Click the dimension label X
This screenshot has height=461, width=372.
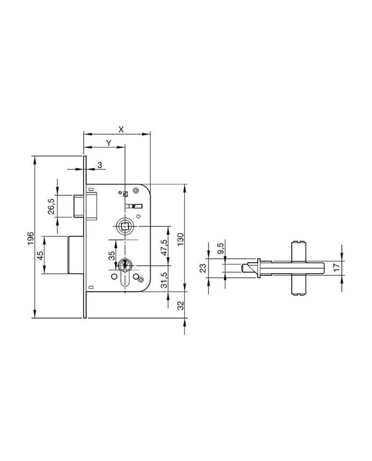coord(121,129)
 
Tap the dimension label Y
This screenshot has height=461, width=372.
coord(109,143)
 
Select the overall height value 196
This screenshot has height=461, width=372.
coord(31,239)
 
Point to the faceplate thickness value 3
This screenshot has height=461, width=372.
coord(100,165)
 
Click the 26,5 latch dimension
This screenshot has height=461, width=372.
coord(50,206)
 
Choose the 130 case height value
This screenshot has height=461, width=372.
coord(180,239)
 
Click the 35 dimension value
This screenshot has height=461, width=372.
coord(112,256)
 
